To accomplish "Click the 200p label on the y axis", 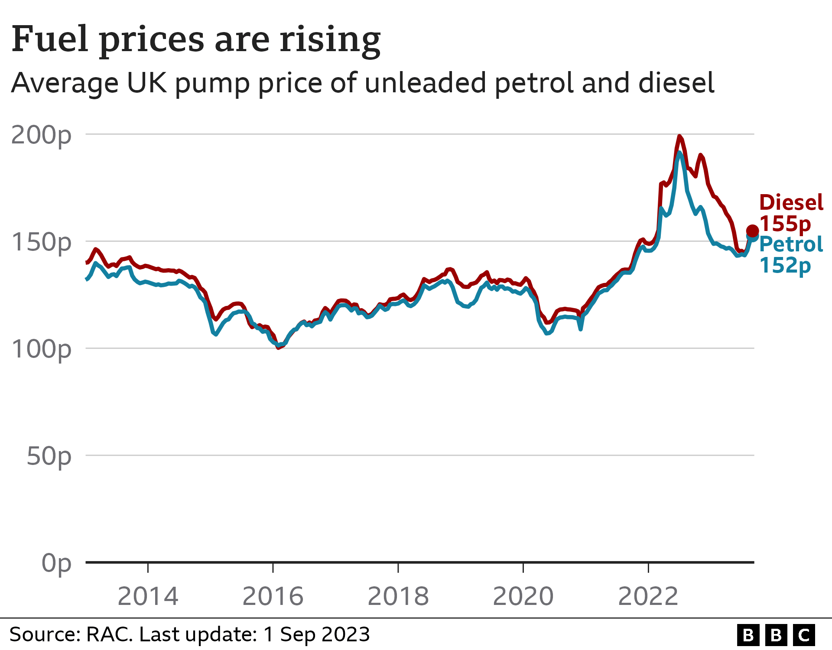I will [x=41, y=136].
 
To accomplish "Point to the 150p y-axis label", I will [x=41, y=243].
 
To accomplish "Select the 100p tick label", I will [x=41, y=350].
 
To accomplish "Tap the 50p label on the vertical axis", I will [x=49, y=457].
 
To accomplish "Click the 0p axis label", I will [x=56, y=564].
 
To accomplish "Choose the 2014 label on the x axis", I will [x=148, y=597].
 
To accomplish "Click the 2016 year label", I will [x=273, y=597].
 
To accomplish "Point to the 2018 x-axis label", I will [x=398, y=597].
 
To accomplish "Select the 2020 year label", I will [x=523, y=597].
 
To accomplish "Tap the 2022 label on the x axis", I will [x=648, y=597].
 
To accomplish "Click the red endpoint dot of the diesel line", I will [x=752, y=231].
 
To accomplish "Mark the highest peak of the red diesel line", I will [x=679, y=136].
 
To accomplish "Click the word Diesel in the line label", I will [x=791, y=203].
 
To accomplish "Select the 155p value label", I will [x=785, y=224].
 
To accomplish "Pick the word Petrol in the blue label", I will [x=791, y=245].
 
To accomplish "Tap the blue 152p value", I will [x=785, y=266].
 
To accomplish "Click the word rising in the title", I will [x=330, y=40].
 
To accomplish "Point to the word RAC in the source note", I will [x=109, y=635].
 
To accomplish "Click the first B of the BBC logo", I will [x=748, y=635].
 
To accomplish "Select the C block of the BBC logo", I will [x=804, y=635].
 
